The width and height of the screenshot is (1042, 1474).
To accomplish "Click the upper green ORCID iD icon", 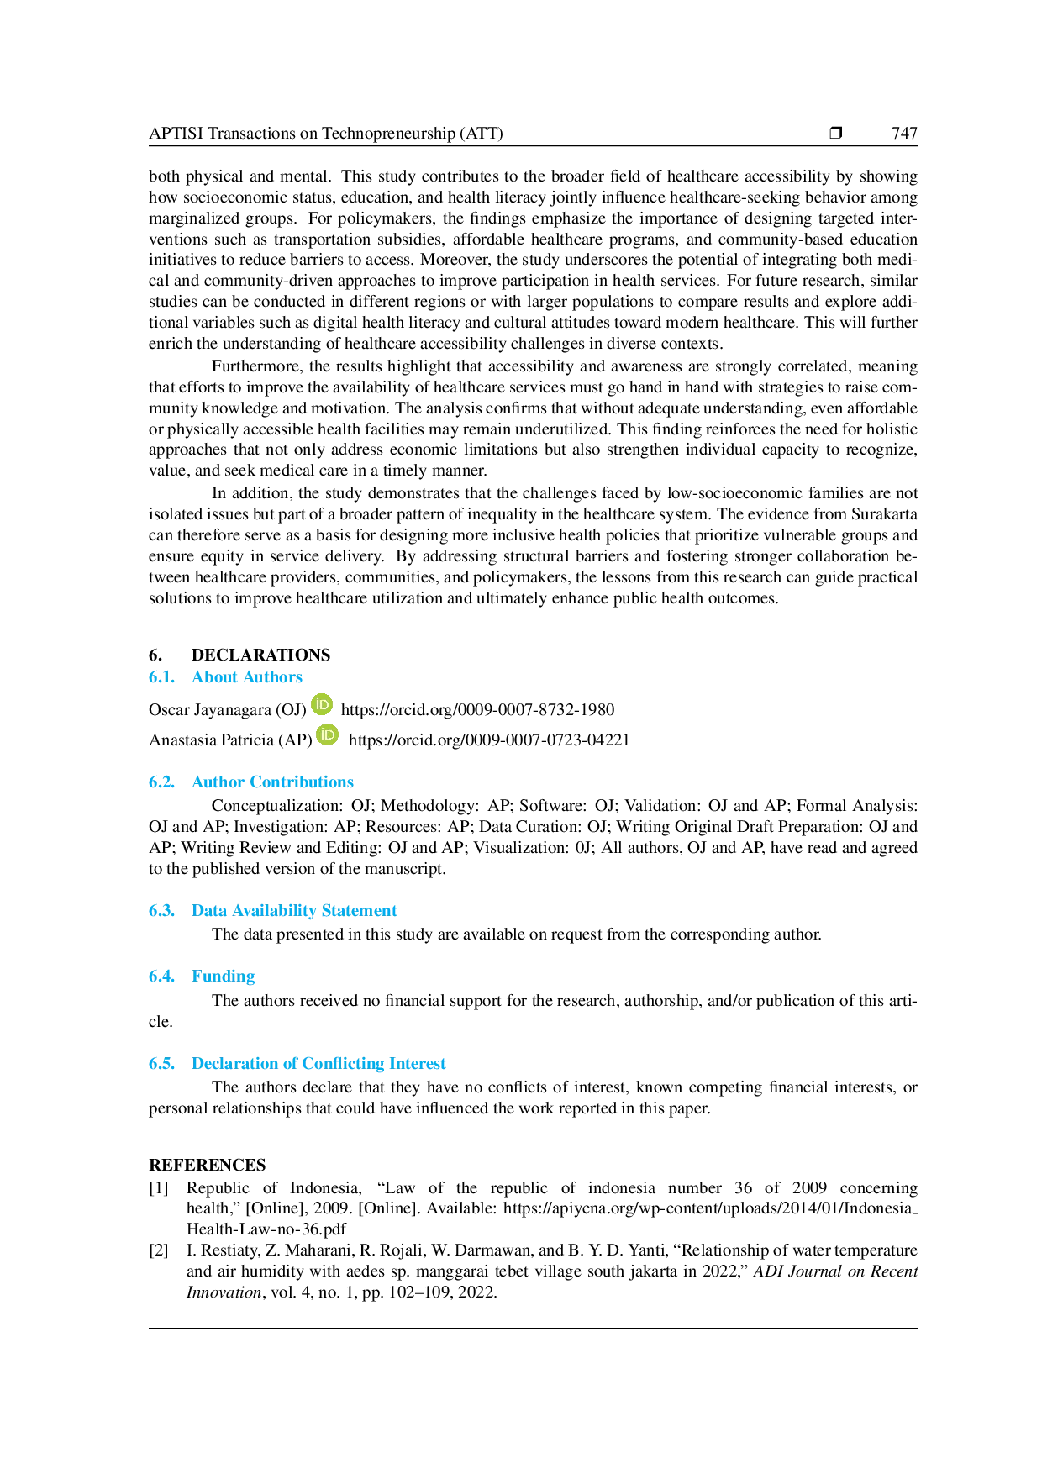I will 322,704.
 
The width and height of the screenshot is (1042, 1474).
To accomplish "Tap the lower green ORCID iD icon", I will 329,734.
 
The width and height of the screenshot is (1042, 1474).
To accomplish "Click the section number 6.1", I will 161,677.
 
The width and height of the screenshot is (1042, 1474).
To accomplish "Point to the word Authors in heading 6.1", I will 269,677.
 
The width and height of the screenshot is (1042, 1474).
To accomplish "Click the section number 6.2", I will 161,782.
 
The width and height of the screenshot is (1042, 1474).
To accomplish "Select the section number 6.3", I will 161,911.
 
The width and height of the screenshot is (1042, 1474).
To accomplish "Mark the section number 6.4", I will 161,977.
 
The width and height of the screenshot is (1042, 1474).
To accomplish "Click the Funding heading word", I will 222,977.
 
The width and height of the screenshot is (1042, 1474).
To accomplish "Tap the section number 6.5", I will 161,1064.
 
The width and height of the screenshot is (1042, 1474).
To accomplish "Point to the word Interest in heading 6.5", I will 419,1064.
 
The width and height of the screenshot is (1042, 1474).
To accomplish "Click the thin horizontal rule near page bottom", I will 534,1328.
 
